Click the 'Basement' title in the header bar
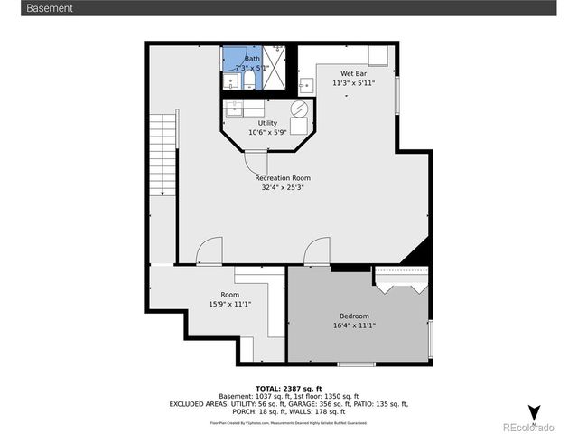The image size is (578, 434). click(x=50, y=8)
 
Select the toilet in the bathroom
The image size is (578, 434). click(x=248, y=82)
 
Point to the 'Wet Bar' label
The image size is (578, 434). click(x=353, y=73)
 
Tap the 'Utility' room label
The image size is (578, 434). click(x=267, y=123)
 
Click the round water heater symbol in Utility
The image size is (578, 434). click(x=298, y=109)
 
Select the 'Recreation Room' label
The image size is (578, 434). click(x=282, y=178)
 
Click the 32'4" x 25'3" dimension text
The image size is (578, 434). click(x=282, y=188)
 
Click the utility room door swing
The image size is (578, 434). click(x=254, y=161)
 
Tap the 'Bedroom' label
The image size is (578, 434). click(x=354, y=316)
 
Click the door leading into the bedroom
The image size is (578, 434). click(x=317, y=252)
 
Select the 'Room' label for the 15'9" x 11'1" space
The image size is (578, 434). click(x=229, y=295)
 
